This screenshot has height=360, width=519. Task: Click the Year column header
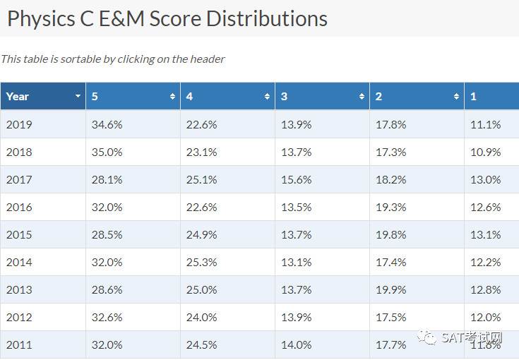18,96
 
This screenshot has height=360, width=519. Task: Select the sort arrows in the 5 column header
172,96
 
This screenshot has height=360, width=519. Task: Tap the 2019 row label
19,124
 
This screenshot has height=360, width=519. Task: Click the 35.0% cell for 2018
107,152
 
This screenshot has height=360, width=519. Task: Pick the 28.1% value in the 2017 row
107,179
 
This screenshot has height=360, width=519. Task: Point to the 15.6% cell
297,179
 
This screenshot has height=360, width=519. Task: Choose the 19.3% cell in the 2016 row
391,207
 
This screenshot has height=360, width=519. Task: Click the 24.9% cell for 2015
201,234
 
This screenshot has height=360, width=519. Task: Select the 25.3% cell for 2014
201,262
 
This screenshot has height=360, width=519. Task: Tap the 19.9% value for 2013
391,289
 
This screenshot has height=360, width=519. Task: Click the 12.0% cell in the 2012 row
486,317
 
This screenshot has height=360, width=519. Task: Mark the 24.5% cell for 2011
201,344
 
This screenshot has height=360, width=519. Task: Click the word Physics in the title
41,19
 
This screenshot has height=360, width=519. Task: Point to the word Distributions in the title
267,18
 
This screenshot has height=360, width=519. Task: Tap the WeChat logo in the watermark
427,337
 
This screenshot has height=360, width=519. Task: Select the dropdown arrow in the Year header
78,96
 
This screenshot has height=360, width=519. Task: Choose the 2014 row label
19,262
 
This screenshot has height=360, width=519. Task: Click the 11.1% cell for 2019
486,124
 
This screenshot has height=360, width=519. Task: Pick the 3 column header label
284,96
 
